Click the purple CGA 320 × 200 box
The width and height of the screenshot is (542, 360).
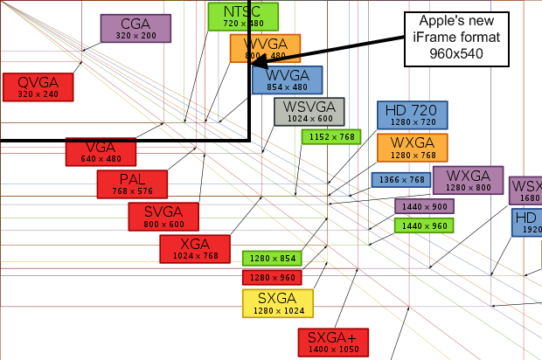pyautogui.click(x=135, y=28)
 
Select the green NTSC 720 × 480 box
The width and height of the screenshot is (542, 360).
pyautogui.click(x=243, y=16)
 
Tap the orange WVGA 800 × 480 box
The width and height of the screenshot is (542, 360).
pyautogui.click(x=265, y=48)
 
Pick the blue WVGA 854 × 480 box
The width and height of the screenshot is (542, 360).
pyautogui.click(x=287, y=80)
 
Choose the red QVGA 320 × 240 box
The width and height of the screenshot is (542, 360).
pyautogui.click(x=38, y=87)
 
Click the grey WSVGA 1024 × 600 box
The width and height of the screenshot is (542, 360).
pyautogui.click(x=309, y=112)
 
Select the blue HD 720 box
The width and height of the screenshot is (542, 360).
pyautogui.click(x=413, y=114)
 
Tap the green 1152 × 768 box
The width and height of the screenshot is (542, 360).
pyautogui.click(x=330, y=136)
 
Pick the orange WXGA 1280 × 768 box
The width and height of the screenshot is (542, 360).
pyautogui.click(x=413, y=148)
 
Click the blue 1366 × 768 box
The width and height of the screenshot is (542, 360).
pyautogui.click(x=400, y=179)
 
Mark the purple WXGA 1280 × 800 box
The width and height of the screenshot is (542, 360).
pyautogui.click(x=468, y=180)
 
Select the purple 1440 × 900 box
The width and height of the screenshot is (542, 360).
pyautogui.click(x=424, y=206)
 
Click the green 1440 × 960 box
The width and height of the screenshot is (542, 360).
pyautogui.click(x=424, y=225)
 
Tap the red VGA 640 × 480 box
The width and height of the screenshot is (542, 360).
pyautogui.click(x=101, y=151)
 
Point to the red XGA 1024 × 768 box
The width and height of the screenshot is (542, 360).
pyautogui.click(x=194, y=248)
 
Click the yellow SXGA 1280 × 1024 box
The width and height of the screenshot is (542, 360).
pyautogui.click(x=278, y=303)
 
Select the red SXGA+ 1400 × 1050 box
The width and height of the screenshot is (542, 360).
pyautogui.click(x=332, y=343)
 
